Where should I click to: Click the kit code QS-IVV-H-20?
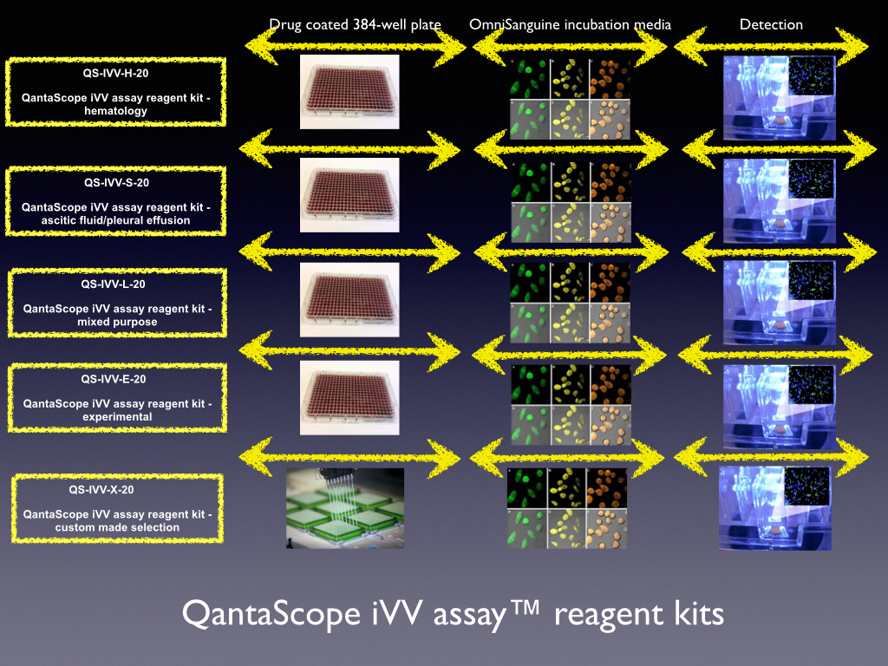(x=115, y=73)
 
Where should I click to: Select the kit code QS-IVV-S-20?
(x=117, y=183)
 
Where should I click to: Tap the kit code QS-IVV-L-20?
(x=114, y=284)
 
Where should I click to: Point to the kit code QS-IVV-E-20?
(x=114, y=380)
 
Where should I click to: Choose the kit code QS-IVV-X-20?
(x=101, y=490)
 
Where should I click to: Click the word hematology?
(x=115, y=111)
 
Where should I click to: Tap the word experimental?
(x=117, y=417)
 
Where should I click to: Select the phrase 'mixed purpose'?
(x=117, y=322)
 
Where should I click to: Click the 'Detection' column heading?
(x=771, y=24)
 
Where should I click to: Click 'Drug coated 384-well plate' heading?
(x=355, y=25)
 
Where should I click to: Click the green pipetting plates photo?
(x=345, y=508)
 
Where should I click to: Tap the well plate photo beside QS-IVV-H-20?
(x=349, y=92)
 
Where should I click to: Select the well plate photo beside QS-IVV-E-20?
(x=349, y=397)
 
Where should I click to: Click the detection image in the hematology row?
(x=780, y=98)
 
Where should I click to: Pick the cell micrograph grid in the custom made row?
(x=567, y=508)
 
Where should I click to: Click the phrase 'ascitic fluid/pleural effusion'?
(x=115, y=220)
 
